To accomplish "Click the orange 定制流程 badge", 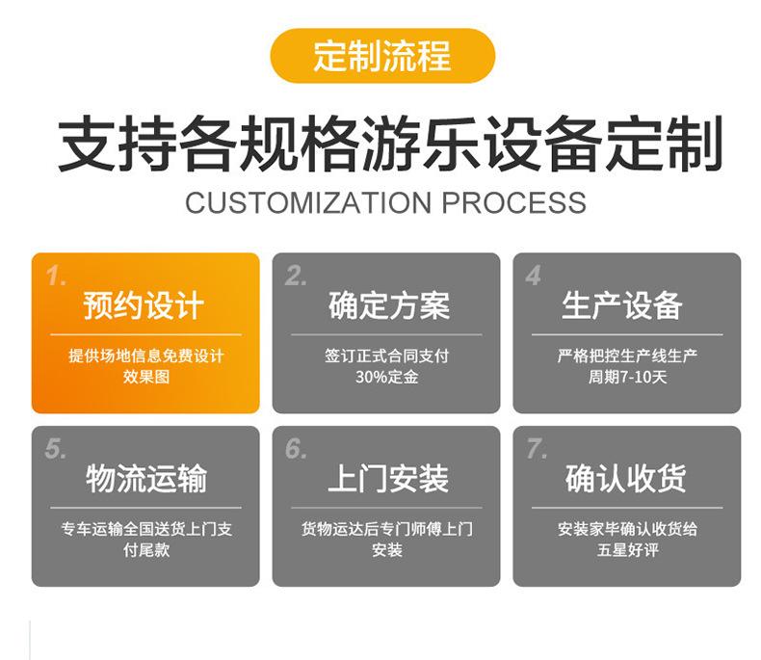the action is pos(382,56).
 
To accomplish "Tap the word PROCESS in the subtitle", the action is pos(514,202).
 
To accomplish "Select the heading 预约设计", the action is pos(144,305).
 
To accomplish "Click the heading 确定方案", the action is pos(389,305).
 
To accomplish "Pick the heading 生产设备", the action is pos(622,305).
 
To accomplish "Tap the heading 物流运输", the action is pos(146,479).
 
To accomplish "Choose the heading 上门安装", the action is pos(388,479).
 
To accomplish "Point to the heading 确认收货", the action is pos(625,479).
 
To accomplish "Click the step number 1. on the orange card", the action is pos(56,277).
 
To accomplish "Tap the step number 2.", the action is pos(296,277).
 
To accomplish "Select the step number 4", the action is pos(534,276).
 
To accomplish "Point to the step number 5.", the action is pos(55,449).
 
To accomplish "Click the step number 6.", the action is pos(296,449).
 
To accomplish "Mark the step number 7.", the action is pos(537,449).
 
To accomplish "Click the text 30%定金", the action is pos(387,377).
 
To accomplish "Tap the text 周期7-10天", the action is pos(627,377).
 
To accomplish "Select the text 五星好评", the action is pos(627,550).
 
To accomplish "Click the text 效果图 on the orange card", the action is pos(146,377).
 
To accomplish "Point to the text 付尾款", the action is pos(146,550).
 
